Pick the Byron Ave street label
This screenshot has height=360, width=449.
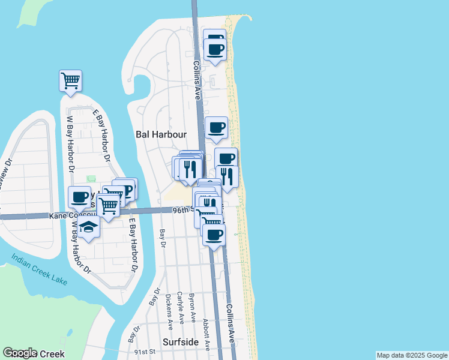click(192, 307)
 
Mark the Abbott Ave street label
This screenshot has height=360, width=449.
click(206, 334)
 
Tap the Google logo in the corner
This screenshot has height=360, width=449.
click(20, 353)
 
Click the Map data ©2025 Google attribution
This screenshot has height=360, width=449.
click(412, 355)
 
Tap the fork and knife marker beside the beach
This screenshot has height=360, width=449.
click(227, 176)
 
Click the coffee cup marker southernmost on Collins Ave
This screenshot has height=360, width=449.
click(213, 234)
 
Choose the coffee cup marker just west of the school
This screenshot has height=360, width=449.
click(79, 196)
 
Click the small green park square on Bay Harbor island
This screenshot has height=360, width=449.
click(91, 179)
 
